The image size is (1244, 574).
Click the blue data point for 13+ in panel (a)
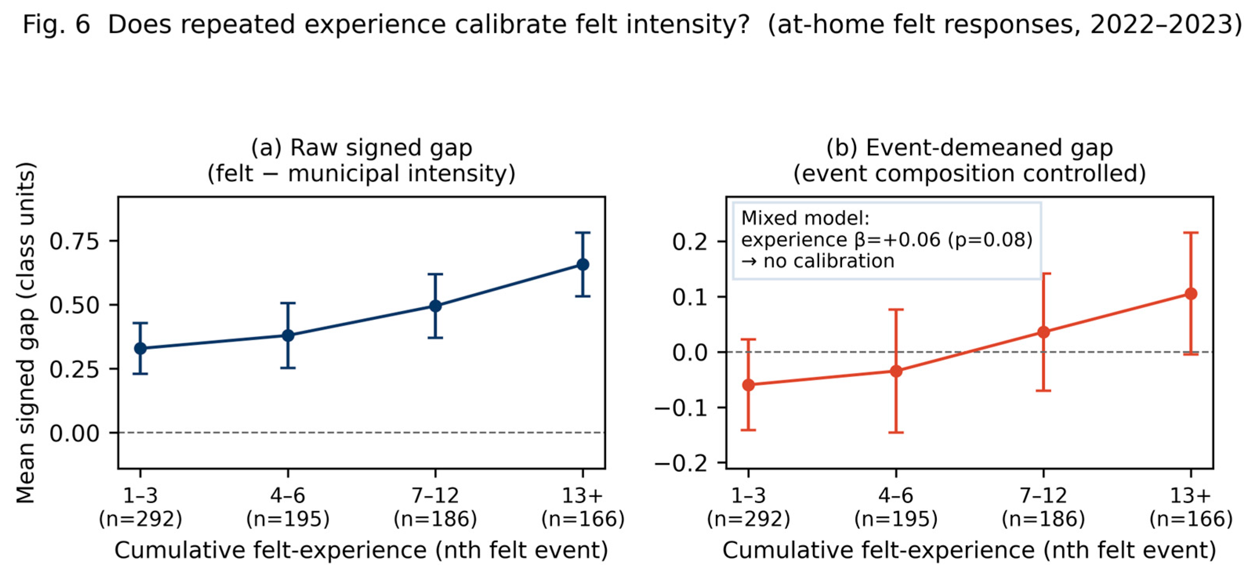pyautogui.click(x=583, y=265)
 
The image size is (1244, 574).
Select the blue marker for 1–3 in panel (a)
pyautogui.click(x=141, y=348)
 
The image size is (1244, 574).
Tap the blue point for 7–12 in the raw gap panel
pyautogui.click(x=435, y=306)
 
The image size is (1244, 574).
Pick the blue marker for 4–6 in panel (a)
pyautogui.click(x=288, y=336)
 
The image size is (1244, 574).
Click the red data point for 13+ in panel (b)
pyautogui.click(x=1191, y=294)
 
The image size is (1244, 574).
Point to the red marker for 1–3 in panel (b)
pyautogui.click(x=748, y=385)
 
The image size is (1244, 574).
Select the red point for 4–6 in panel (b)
pyautogui.click(x=896, y=371)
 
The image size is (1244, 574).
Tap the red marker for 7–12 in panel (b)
pyautogui.click(x=1043, y=332)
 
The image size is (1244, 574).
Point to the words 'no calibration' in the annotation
pyautogui.click(x=829, y=261)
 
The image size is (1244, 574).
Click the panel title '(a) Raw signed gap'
pyautogui.click(x=362, y=148)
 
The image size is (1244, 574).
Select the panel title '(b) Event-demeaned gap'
pyautogui.click(x=970, y=148)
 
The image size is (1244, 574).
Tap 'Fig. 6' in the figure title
pyautogui.click(x=56, y=24)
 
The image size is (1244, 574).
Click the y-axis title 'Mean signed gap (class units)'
pyautogui.click(x=25, y=333)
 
